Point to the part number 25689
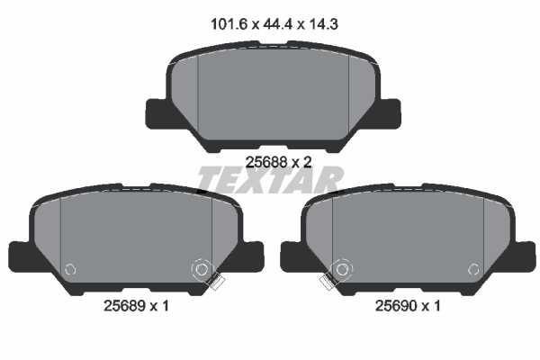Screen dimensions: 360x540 [x=123, y=306]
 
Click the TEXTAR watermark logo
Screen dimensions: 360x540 [x=269, y=180]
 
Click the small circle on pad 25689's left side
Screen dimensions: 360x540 [x=70, y=267]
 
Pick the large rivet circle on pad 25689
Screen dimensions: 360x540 [x=202, y=268]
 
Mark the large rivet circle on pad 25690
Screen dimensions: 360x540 [x=340, y=268]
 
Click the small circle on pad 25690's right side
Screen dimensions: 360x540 [x=472, y=267]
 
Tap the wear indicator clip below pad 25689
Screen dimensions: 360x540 [x=214, y=283]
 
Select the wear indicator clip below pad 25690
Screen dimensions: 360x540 [x=328, y=283]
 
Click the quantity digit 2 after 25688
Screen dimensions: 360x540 [x=307, y=163]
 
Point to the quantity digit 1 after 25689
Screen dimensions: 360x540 [x=166, y=306]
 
